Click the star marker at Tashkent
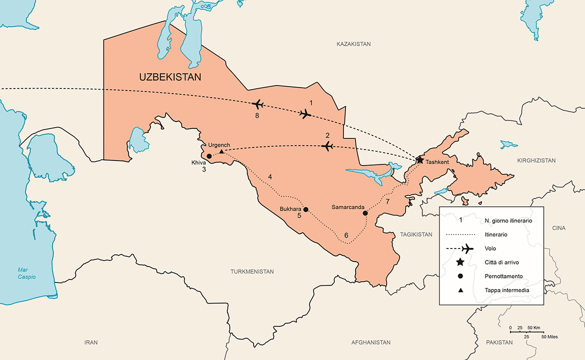[x=419, y=160]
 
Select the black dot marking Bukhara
[x=306, y=209]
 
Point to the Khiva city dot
[x=209, y=156]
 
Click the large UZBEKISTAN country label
[x=170, y=77]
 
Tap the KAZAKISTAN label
[x=353, y=44]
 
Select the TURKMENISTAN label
[x=252, y=271]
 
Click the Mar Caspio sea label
[x=26, y=273]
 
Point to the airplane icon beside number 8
[x=258, y=104]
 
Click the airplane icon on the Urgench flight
[x=327, y=146]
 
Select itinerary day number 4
[x=270, y=177]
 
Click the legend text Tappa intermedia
[x=507, y=290]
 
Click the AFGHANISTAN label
[x=370, y=342]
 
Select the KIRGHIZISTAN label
[x=536, y=160]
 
